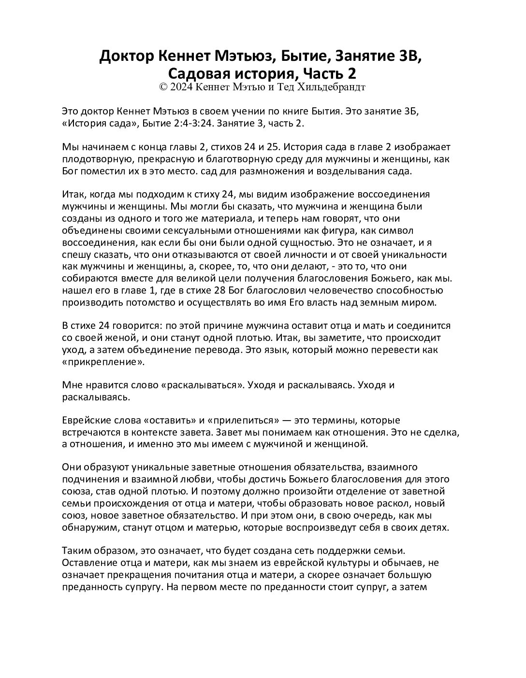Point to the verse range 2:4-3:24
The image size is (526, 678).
pos(185,123)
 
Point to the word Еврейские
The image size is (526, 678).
pos(83,421)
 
